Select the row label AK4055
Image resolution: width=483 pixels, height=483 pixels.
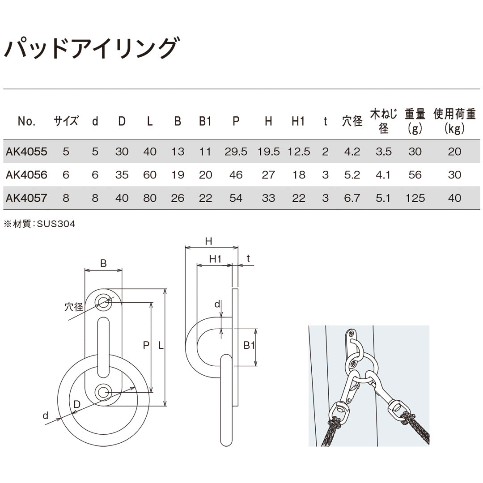click(26, 152)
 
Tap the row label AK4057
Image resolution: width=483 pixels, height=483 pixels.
click(26, 198)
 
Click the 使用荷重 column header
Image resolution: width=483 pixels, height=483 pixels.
click(454, 121)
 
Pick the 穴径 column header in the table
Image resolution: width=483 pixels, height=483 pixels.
click(352, 121)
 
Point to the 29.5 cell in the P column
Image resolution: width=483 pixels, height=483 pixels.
click(236, 152)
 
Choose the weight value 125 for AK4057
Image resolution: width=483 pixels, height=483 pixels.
click(415, 198)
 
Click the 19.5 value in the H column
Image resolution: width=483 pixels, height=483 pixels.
click(268, 152)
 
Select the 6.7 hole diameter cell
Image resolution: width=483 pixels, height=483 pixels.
click(352, 198)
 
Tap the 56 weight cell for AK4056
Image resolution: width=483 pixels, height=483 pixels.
click(415, 175)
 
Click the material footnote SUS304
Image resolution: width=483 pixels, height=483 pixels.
click(40, 225)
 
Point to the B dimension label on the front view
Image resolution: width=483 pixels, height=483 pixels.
click(103, 263)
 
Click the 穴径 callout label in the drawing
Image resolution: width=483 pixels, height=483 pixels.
click(74, 307)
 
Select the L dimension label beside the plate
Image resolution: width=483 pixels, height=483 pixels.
click(160, 345)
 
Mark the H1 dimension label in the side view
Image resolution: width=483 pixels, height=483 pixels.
click(216, 258)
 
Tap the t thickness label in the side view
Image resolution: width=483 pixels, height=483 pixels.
click(248, 258)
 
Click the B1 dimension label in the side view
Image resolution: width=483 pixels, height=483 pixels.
click(249, 345)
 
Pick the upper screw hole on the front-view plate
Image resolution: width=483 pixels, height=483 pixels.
click(103, 303)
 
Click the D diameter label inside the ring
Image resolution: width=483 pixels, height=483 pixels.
click(77, 404)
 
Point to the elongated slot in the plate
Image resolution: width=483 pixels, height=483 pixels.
click(103, 347)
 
